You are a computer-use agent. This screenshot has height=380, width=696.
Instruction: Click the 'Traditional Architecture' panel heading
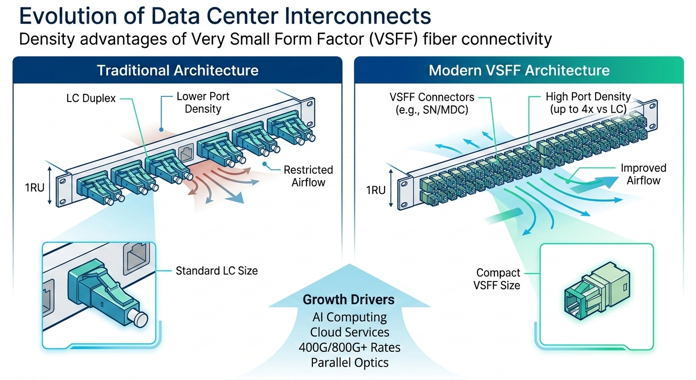pos(177,70)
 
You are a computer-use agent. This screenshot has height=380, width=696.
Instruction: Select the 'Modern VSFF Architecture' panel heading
pos(519,70)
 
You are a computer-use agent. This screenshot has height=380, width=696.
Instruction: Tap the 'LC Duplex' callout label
pos(91,98)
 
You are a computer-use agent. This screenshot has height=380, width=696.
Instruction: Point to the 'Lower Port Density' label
pos(203,102)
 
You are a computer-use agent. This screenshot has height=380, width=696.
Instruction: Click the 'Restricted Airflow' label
pos(308,176)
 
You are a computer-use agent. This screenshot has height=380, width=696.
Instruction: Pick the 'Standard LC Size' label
pos(217,271)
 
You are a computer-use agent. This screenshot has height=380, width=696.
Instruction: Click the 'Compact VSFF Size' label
pos(498,279)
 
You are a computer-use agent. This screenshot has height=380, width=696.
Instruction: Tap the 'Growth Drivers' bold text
pos(348,299)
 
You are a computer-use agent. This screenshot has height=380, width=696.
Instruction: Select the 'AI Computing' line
pos(349,317)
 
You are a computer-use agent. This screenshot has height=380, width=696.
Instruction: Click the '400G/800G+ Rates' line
pos(349,347)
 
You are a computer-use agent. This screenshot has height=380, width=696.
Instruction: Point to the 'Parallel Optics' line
pos(349,363)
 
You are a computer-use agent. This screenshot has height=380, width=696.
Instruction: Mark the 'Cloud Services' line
pos(349,332)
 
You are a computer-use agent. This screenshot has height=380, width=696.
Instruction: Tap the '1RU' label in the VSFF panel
pos(375,190)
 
